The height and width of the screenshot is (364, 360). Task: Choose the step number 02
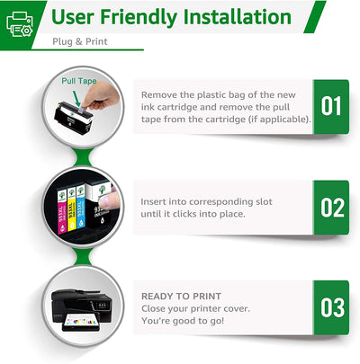(x=331, y=208)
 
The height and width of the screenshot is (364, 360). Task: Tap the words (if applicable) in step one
(x=275, y=120)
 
